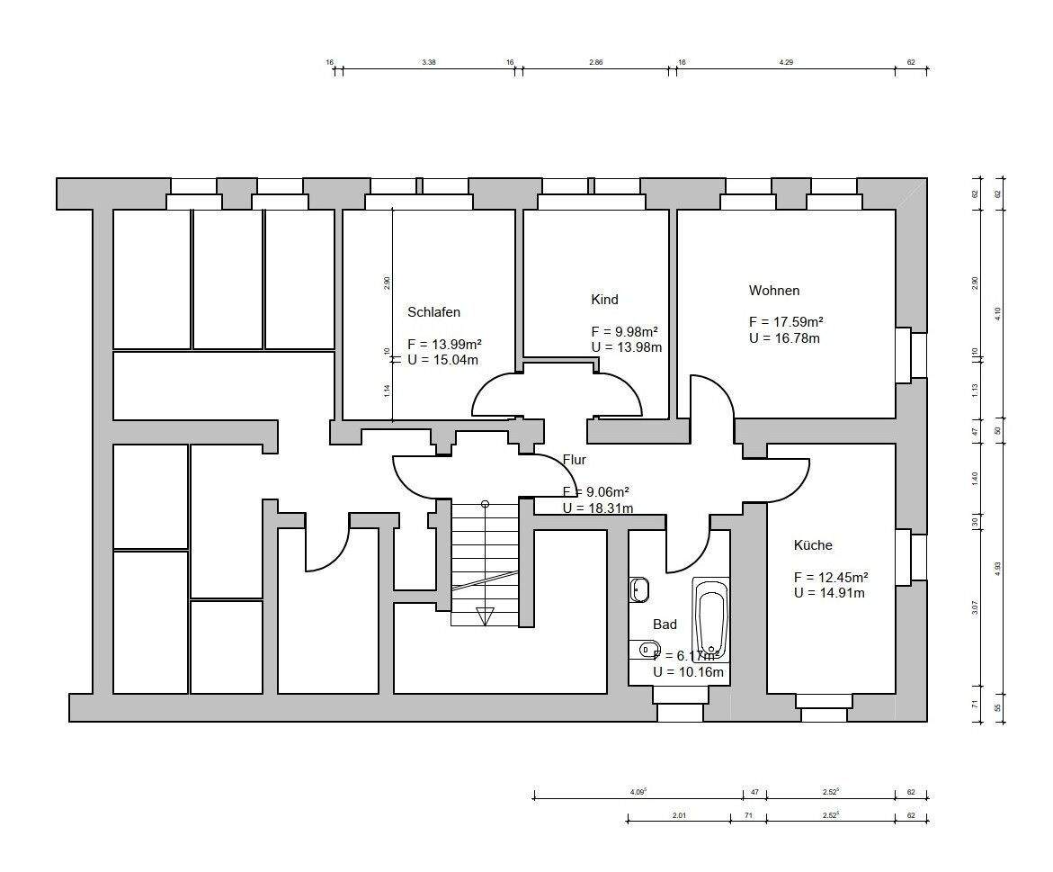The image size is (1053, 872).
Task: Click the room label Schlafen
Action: coord(433,312)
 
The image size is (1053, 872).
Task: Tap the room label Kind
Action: coord(604,300)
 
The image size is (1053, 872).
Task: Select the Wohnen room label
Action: coord(773,291)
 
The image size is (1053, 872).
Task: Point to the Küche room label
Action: coord(813,545)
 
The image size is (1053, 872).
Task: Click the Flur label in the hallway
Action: coord(575,460)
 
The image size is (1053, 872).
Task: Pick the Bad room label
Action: coord(665,625)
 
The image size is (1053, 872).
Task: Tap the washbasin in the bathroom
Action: coord(639,589)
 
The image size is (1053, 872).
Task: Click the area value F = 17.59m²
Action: coord(786,322)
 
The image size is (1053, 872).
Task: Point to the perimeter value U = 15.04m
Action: coord(443,360)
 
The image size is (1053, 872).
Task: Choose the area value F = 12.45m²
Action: coord(830,577)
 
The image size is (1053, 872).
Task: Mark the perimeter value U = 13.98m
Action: coord(627,347)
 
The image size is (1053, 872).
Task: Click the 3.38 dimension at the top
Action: coord(429,63)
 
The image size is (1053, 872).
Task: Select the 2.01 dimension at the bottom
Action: coord(679,816)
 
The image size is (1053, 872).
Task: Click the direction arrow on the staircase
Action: coord(485,616)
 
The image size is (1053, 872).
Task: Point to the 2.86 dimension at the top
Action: coord(595,63)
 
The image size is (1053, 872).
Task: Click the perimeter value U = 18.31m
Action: coord(597,508)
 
